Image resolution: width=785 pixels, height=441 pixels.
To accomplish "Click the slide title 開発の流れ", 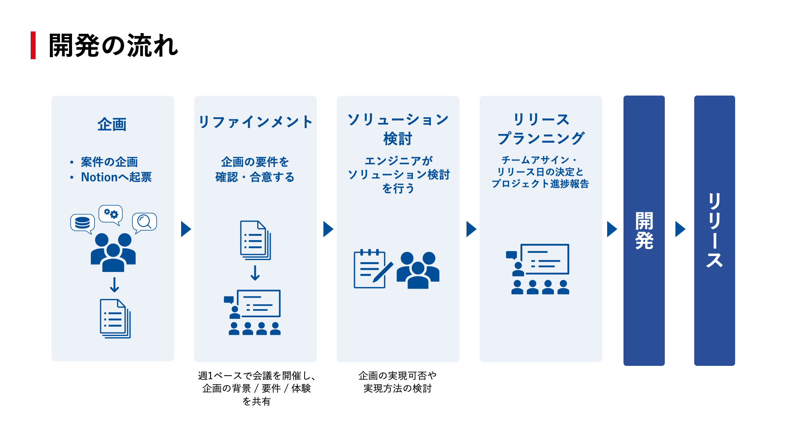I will point(113,45).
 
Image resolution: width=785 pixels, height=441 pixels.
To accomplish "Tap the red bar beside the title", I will point(33,45).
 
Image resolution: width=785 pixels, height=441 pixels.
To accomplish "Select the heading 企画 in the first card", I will point(112,125).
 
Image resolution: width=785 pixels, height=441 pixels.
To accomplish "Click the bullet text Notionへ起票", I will point(116,177).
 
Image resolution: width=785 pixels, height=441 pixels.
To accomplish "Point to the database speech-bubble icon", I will point(83,223).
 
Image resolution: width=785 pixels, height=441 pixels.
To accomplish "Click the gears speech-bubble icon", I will point(111,214).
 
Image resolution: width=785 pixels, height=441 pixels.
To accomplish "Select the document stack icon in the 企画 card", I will point(115,318).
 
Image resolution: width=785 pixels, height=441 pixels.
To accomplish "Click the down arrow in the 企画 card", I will point(114,285).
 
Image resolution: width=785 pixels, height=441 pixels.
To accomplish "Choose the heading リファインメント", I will point(256,122).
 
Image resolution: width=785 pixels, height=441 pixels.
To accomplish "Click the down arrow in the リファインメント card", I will point(255,273).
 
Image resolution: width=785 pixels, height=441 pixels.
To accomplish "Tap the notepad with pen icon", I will point(372,269).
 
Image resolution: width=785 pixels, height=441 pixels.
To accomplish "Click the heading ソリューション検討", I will point(398,129).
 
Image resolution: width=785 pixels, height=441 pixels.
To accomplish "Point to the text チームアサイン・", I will point(540,160).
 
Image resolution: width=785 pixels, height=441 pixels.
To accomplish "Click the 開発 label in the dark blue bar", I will point(644,230).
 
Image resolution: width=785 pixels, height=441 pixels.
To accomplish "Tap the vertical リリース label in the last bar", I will point(714,230).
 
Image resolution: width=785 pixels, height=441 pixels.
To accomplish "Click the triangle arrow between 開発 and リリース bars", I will point(680,229).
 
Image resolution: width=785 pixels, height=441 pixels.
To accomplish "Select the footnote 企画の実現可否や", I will point(397,376).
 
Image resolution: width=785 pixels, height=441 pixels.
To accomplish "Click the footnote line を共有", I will point(256,401).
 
